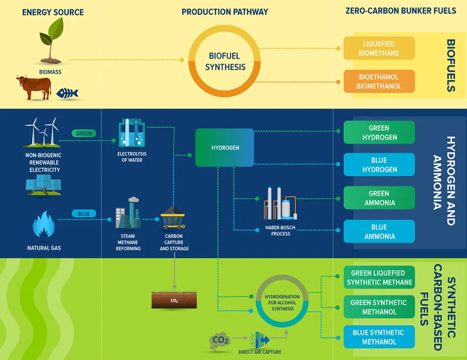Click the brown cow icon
coord(34,87)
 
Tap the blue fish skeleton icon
coord(67,94)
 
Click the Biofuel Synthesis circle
coord(225,61)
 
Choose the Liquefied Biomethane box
coord(379,48)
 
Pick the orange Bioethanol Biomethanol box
coord(379,81)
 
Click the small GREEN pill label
coord(84,134)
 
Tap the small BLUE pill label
coord(84,214)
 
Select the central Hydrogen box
coord(225,148)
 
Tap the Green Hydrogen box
coord(379,132)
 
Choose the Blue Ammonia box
coord(379,231)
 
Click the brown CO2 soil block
coord(174,300)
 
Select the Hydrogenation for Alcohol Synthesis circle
coord(282,302)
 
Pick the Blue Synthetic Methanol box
coord(379,337)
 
